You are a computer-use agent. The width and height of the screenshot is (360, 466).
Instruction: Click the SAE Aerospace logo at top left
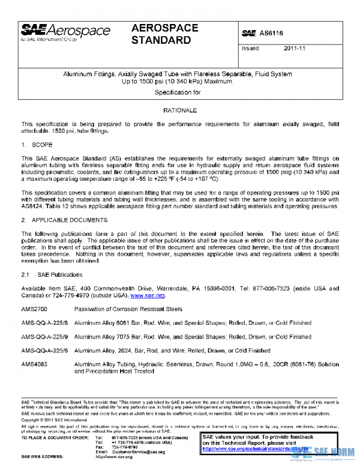(59, 31)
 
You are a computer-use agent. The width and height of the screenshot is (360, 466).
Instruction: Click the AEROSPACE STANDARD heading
(162, 34)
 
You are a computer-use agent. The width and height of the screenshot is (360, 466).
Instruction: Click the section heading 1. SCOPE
(37, 145)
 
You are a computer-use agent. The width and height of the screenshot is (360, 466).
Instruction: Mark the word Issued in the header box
(250, 49)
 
